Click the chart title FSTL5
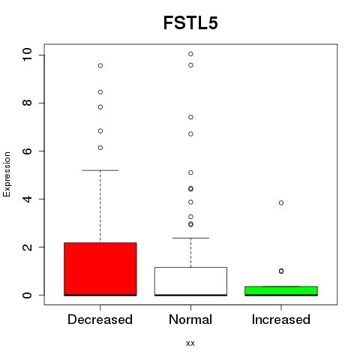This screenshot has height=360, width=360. (x=190, y=22)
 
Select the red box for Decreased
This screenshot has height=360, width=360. (x=100, y=269)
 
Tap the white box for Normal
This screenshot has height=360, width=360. (x=190, y=281)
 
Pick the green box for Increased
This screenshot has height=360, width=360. (x=281, y=291)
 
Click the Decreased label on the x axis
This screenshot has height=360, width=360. (x=100, y=319)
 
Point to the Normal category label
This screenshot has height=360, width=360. (x=190, y=319)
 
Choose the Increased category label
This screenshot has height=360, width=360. (x=281, y=319)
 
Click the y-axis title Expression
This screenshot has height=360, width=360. (x=7, y=174)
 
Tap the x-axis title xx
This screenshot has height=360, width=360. (x=190, y=343)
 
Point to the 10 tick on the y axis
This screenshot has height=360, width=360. (x=28, y=54)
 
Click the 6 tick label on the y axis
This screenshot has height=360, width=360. (x=28, y=151)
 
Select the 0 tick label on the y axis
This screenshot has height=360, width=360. (x=28, y=295)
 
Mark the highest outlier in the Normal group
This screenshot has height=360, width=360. (x=190, y=54)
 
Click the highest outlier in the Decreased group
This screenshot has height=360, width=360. (x=100, y=66)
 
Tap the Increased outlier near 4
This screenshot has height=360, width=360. (x=281, y=202)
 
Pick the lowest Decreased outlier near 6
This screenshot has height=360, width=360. (x=100, y=148)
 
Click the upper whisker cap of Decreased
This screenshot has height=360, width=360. (x=100, y=170)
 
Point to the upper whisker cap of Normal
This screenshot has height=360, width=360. (x=190, y=238)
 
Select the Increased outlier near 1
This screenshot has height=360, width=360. (x=281, y=271)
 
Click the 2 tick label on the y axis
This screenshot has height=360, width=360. (x=28, y=247)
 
